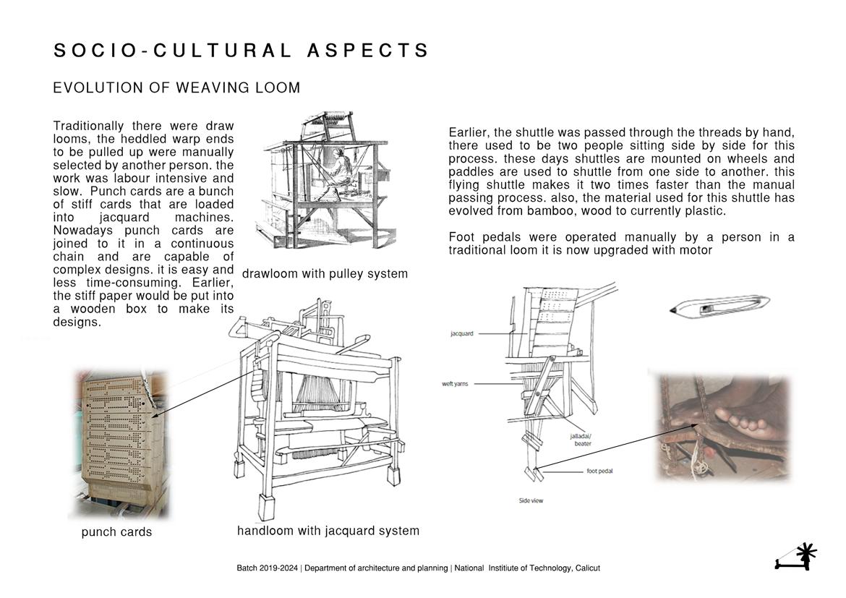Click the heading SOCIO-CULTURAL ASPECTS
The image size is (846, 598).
242,51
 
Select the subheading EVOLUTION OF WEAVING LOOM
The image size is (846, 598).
176,88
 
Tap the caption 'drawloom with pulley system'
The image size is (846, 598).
325,274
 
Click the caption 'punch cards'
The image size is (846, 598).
116,532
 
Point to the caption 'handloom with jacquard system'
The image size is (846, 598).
328,531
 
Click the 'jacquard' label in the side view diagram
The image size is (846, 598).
461,334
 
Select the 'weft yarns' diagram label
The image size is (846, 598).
455,384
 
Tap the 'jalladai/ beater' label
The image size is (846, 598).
583,440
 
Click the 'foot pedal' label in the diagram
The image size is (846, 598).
599,471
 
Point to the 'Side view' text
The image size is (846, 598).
531,500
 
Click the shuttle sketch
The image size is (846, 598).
719,306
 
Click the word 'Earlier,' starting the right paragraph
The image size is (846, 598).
469,133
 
